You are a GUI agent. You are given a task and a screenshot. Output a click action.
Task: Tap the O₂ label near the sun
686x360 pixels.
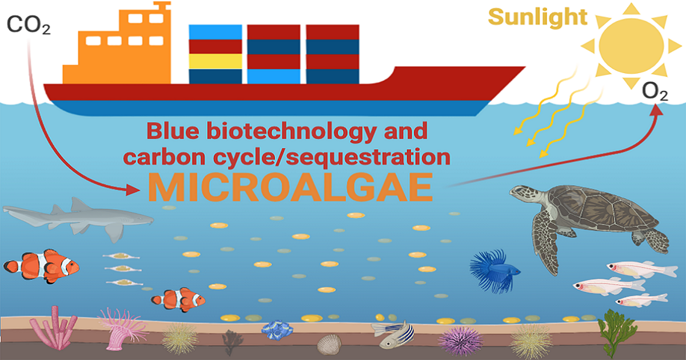(x=655, y=93)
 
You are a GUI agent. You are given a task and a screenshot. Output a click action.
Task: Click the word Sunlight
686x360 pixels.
(x=537, y=17)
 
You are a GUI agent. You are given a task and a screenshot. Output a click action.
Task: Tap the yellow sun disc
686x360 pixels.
(x=632, y=43)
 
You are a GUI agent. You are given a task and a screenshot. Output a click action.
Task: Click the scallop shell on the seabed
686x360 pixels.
(x=329, y=344)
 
